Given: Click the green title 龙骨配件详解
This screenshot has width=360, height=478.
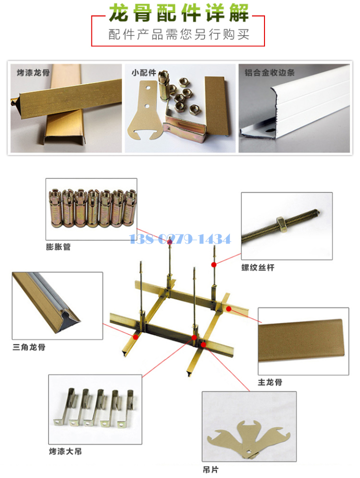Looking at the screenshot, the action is pyautogui.click(x=179, y=13).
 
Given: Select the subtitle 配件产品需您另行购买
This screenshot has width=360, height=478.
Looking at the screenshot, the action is pyautogui.click(x=179, y=34).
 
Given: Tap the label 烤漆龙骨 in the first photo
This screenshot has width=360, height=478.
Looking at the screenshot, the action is pyautogui.click(x=33, y=72).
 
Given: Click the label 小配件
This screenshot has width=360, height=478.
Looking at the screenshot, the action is pyautogui.click(x=144, y=72).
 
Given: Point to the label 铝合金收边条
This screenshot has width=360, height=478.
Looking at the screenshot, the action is pyautogui.click(x=270, y=72).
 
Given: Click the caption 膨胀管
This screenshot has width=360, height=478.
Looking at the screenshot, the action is pyautogui.click(x=58, y=246).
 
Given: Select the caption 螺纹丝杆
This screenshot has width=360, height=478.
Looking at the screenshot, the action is pyautogui.click(x=258, y=267).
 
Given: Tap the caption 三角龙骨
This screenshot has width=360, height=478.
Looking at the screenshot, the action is pyautogui.click(x=29, y=347).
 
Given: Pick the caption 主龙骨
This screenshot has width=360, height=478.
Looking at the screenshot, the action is pyautogui.click(x=270, y=382).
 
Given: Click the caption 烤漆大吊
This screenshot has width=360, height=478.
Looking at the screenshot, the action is pyautogui.click(x=65, y=451).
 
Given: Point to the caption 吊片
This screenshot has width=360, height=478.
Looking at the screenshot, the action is pyautogui.click(x=210, y=469).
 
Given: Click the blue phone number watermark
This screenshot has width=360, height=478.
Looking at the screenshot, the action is pyautogui.click(x=180, y=238).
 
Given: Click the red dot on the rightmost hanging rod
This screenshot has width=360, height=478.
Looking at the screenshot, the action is pyautogui.click(x=214, y=264).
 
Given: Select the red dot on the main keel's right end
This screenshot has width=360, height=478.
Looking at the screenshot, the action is pyautogui.click(x=228, y=309).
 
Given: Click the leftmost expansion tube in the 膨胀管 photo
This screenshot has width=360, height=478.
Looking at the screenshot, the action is pyautogui.click(x=55, y=208).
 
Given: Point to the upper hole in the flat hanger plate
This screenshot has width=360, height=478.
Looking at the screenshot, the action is pyautogui.click(x=148, y=88).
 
